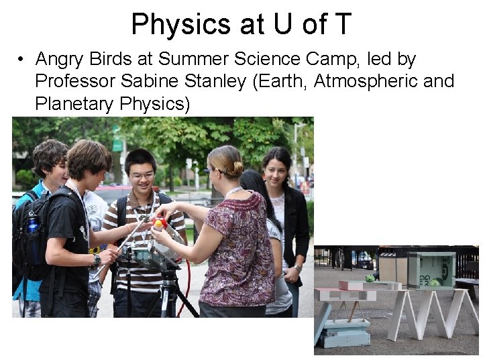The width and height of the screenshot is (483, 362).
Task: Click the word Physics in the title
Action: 174,24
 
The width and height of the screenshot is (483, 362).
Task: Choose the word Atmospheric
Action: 358,82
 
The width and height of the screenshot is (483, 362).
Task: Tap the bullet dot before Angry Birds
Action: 22,60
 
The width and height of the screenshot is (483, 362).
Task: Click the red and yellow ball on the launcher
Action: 160,223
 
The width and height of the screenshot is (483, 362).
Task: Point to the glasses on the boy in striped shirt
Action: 142,176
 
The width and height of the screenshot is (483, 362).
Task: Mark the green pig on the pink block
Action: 370,278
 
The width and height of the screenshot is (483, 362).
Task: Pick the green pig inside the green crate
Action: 434,282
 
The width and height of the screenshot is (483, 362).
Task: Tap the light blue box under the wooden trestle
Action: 343,333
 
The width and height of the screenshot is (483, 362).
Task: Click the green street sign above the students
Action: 117,144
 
